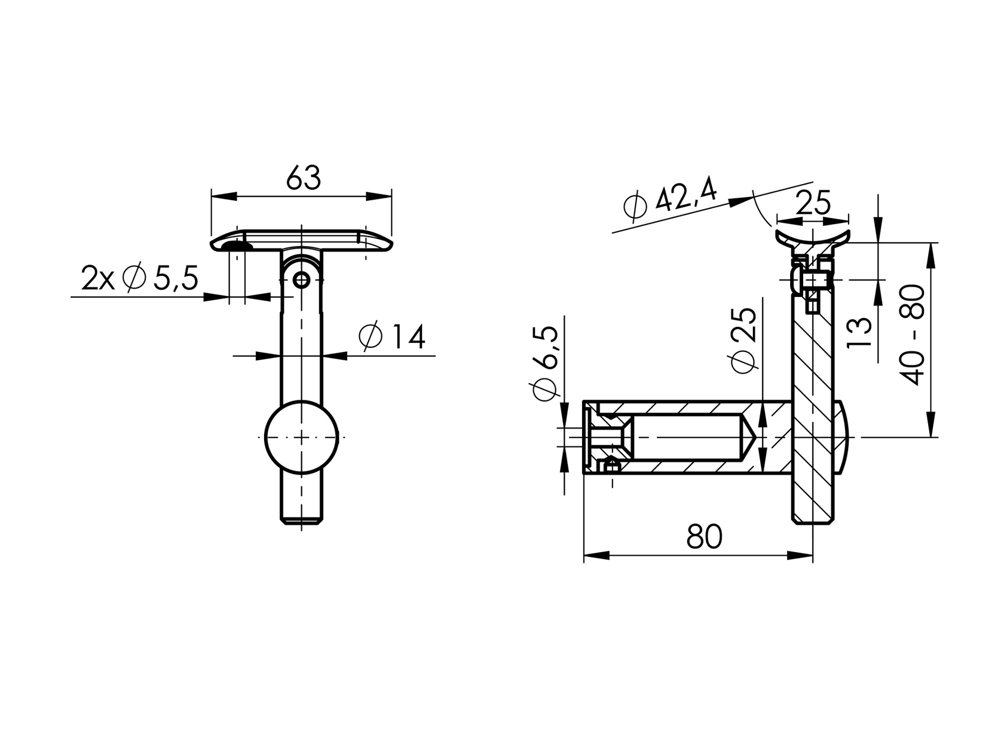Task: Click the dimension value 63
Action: point(303,177)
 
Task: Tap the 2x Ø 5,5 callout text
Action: point(139,278)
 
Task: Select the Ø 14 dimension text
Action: point(392,337)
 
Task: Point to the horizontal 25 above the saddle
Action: point(813,204)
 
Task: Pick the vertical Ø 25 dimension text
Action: point(743,342)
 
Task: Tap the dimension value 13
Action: point(859,333)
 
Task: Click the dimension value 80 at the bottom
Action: point(704,536)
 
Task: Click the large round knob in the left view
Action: point(301,437)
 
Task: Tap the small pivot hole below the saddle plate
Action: point(301,279)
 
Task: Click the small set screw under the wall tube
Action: point(611,466)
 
